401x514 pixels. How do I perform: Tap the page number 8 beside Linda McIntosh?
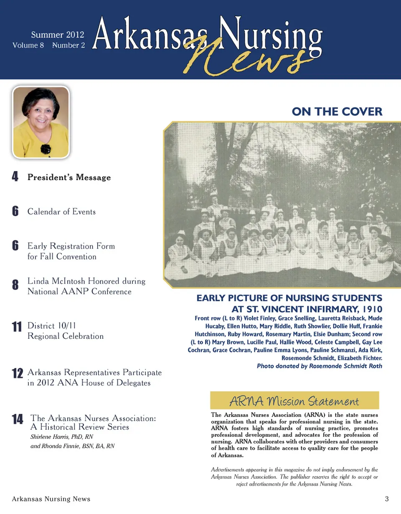tap(15, 286)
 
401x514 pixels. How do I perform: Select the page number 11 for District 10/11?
tap(17, 327)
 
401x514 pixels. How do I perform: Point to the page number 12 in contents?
tap(17, 374)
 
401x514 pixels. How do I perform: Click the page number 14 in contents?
tap(17, 419)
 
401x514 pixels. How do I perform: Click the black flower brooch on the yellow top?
tap(45, 148)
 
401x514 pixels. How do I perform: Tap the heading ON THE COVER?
tap(337, 112)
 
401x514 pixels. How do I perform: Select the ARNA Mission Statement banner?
tap(294, 401)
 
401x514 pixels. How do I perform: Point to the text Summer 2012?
tap(58, 35)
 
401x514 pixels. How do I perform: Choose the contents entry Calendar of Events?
tap(61, 212)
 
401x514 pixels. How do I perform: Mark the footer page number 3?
tap(387, 499)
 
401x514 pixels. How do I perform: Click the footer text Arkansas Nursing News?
tap(51, 499)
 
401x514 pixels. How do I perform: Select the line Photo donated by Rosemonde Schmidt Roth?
tap(319, 366)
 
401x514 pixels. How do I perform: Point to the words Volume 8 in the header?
tap(28, 45)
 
